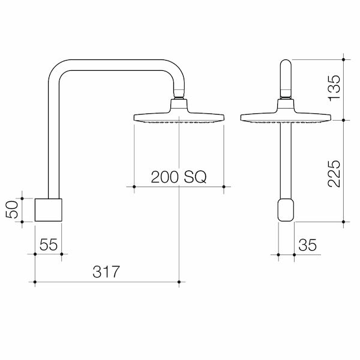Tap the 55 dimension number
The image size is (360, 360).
click(x=49, y=244)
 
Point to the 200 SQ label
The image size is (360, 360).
click(x=178, y=177)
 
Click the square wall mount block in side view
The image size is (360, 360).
click(x=48, y=209)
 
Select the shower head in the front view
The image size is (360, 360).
click(x=285, y=116)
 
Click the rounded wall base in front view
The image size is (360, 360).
click(x=286, y=211)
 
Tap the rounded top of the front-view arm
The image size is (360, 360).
click(x=286, y=67)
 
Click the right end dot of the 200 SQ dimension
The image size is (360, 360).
click(x=224, y=187)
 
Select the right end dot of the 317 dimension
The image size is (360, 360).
click(x=179, y=281)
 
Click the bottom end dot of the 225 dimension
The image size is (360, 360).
click(x=343, y=222)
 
